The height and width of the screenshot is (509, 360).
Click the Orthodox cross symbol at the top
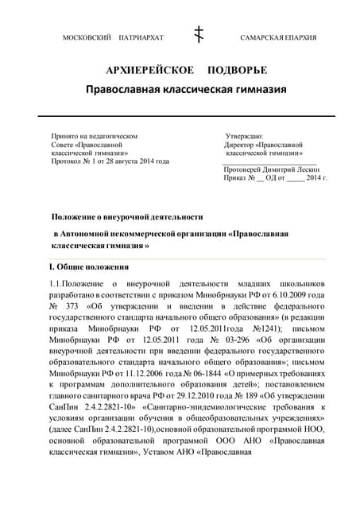pyautogui.click(x=199, y=34)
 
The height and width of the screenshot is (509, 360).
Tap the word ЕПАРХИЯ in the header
pyautogui.click(x=301, y=38)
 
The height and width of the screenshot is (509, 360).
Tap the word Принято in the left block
pyautogui.click(x=65, y=137)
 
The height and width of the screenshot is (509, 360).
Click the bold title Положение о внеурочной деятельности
pyautogui.click(x=127, y=216)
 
